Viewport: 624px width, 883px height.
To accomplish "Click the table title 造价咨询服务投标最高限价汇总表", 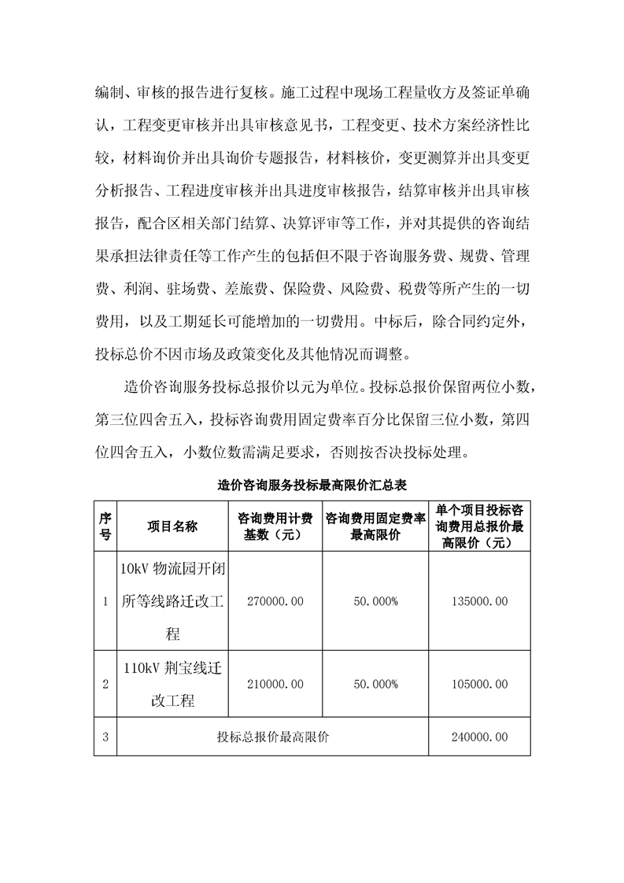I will pyautogui.click(x=311, y=486).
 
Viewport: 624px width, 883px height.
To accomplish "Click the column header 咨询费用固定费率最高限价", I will pyautogui.click(x=375, y=526).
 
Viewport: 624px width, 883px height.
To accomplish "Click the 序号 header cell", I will pyautogui.click(x=105, y=526).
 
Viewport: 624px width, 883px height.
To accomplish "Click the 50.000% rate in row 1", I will pyautogui.click(x=375, y=601).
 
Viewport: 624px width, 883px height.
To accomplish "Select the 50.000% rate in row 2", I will pyautogui.click(x=375, y=684).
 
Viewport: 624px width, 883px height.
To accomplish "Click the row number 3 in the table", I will pyautogui.click(x=105, y=737).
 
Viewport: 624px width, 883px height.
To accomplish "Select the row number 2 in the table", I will pyautogui.click(x=105, y=684).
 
